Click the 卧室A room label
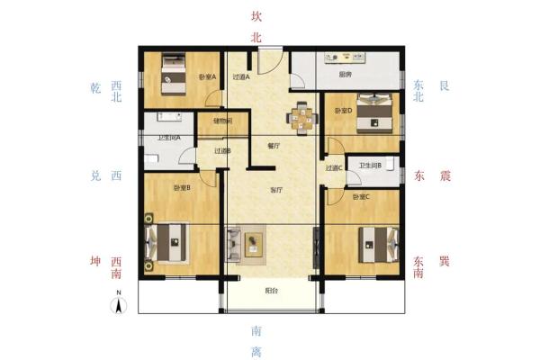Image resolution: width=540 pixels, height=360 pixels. pyautogui.click(x=207, y=76)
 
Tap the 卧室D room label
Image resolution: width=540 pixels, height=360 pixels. pyautogui.click(x=342, y=112)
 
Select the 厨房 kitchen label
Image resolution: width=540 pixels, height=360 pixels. pyautogui.click(x=345, y=76)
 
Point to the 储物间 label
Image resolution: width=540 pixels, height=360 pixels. pyautogui.click(x=223, y=121)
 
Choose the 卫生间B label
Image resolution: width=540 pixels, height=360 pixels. pyautogui.click(x=370, y=166)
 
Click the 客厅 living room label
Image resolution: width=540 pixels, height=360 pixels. pyautogui.click(x=277, y=191)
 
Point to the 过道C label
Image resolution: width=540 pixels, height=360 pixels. pyautogui.click(x=334, y=167)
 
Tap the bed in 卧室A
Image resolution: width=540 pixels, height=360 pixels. pyautogui.click(x=172, y=76)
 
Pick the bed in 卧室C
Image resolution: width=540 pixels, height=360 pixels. pyautogui.click(x=376, y=243)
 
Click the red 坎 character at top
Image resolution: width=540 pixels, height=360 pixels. pyautogui.click(x=256, y=15)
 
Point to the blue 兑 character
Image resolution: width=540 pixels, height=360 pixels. pyautogui.click(x=96, y=175)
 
